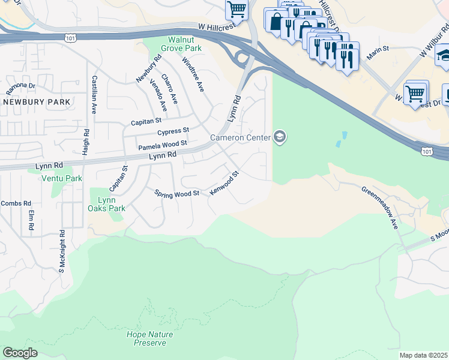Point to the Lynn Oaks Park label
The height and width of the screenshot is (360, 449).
(x=107, y=204)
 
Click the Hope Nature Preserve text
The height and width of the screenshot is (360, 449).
(x=149, y=338)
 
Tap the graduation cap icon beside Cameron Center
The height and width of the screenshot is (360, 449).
(x=279, y=138)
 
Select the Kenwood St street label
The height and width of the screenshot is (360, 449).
(x=224, y=182)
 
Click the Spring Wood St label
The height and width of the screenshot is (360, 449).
(x=176, y=194)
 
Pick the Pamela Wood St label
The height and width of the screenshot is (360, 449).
(x=163, y=145)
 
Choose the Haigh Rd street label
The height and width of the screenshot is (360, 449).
(x=86, y=141)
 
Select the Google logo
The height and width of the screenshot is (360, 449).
(x=20, y=353)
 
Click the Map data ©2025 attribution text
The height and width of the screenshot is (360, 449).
(x=423, y=355)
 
